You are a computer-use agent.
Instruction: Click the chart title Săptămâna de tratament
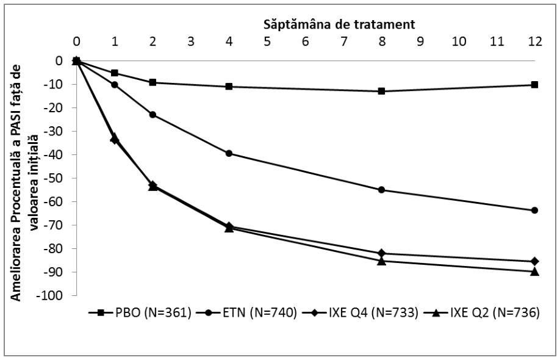339,24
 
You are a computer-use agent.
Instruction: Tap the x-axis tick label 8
382,41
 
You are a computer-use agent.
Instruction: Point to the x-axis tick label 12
534,41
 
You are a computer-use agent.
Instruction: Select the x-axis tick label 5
267,41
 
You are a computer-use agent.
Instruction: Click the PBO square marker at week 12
534,85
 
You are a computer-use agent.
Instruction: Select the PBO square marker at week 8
381,91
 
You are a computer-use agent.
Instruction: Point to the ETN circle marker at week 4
229,154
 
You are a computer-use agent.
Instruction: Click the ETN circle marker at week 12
534,211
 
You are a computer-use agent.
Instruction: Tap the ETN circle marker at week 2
153,115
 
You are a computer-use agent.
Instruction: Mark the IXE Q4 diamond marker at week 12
534,261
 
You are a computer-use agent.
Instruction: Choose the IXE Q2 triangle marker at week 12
534,272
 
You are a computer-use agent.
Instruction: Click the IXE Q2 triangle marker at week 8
381,261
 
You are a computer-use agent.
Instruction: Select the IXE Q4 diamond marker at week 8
381,253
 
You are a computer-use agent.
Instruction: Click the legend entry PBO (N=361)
140,313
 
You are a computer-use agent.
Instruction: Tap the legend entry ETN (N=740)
246,313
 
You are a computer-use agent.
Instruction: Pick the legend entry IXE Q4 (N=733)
360,313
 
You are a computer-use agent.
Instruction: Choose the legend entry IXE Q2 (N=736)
481,313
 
